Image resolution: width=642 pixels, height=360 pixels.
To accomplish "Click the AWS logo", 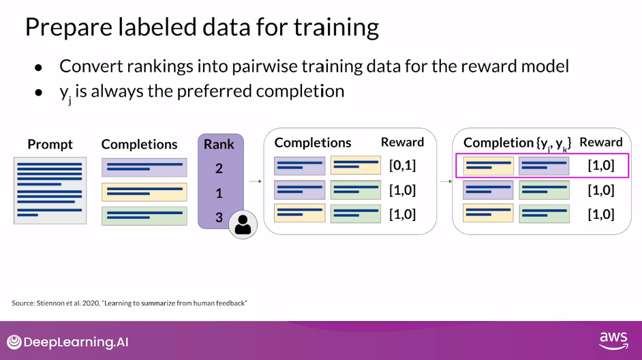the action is point(613,340).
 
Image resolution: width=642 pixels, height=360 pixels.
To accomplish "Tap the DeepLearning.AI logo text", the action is point(76,342).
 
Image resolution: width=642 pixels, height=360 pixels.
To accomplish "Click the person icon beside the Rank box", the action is point(243,224).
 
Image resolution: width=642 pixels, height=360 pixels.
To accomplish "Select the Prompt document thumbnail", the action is point(50,190).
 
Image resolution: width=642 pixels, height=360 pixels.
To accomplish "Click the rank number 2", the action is point(219,168).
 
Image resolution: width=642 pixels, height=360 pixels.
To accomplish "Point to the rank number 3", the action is point(219,217).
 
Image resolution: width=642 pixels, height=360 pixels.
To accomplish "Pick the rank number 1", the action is point(219,193).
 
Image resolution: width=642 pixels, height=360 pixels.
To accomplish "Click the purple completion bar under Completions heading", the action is point(144,168).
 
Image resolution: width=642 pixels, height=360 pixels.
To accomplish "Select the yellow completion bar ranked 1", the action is point(144,192).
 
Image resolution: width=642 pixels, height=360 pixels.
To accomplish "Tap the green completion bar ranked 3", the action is point(144,216).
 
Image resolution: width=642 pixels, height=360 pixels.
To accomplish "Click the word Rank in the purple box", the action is point(219,144).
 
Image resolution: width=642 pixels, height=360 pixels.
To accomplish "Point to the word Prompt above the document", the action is point(50,144).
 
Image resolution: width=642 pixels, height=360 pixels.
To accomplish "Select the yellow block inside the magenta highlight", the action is point(488,166).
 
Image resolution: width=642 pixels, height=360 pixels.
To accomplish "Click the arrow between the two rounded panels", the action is point(446,181).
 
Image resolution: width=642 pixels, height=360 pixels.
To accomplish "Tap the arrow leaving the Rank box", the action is point(256,181).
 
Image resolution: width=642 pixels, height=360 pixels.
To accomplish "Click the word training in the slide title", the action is point(336,27).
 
